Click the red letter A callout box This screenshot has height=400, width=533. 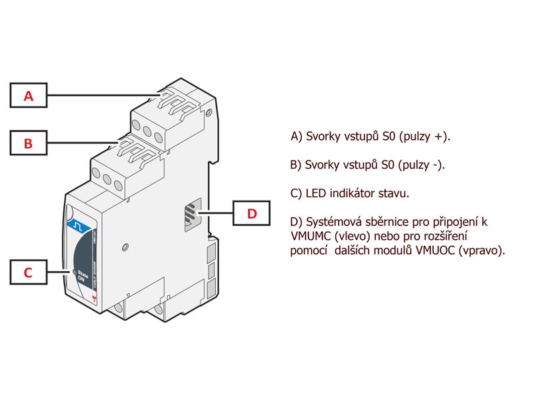(x=28, y=95)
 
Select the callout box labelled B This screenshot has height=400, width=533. (x=28, y=143)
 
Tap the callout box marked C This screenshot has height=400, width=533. (x=28, y=272)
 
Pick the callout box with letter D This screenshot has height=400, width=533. (x=251, y=213)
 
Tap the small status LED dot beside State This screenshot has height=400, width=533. (x=73, y=272)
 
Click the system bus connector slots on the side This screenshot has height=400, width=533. (x=191, y=215)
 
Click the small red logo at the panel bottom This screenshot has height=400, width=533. (x=94, y=301)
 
